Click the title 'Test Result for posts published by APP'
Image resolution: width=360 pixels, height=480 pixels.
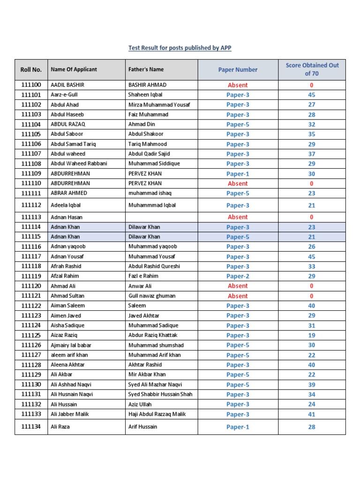pyautogui.click(x=180, y=48)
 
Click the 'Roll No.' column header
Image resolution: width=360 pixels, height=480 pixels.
pyautogui.click(x=31, y=69)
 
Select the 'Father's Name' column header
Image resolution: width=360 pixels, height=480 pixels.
pyautogui.click(x=146, y=69)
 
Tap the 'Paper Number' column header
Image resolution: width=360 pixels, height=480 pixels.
pyautogui.click(x=238, y=69)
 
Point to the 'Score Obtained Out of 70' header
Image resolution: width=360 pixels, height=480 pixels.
pyautogui.click(x=312, y=69)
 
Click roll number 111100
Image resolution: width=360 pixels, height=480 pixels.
pyautogui.click(x=31, y=85)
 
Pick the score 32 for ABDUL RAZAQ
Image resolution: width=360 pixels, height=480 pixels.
pyautogui.click(x=312, y=124)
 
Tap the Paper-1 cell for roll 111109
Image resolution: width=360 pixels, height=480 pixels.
pyautogui.click(x=238, y=173)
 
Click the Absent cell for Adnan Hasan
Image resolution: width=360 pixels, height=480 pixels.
pyautogui.click(x=238, y=217)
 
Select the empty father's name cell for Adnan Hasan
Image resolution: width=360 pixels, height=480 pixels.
pyautogui.click(x=161, y=217)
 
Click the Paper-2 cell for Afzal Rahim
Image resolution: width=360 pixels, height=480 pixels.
pyautogui.click(x=238, y=276)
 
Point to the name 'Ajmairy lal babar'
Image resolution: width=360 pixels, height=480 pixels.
pyautogui.click(x=71, y=345)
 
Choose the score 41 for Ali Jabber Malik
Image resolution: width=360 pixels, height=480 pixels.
pyautogui.click(x=312, y=414)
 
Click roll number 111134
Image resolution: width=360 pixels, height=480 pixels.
pyautogui.click(x=31, y=427)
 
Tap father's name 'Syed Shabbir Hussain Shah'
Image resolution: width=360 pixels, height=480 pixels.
pyautogui.click(x=160, y=394)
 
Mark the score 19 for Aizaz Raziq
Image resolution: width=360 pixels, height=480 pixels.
pyautogui.click(x=312, y=335)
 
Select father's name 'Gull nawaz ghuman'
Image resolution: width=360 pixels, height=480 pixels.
pyautogui.click(x=152, y=296)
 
